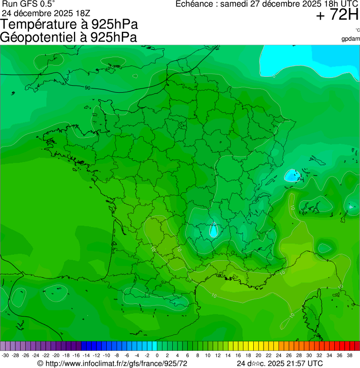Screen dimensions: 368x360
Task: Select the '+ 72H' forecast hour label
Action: pos(337,15)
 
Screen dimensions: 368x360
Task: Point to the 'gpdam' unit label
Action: pos(351,39)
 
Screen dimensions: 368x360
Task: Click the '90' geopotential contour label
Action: pos(88,88)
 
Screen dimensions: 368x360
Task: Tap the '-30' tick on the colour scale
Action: pos(5,355)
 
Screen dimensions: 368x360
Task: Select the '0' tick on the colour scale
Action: pos(157,355)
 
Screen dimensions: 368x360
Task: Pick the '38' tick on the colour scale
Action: pos(350,355)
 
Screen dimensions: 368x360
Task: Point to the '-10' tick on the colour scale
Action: pos(106,355)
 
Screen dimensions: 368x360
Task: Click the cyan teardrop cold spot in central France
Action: pos(213,230)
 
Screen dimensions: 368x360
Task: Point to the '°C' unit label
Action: pos(357,30)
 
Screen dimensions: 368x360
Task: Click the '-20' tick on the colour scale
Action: pos(56,355)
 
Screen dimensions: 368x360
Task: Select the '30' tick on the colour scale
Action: pos(309,355)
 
